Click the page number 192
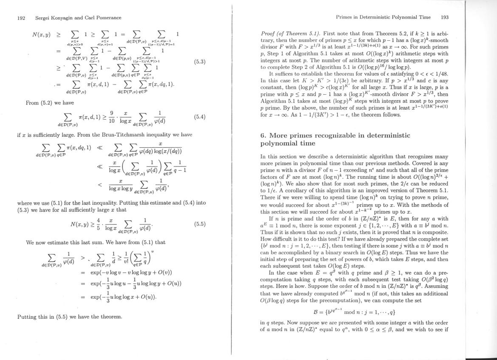click(x=21, y=18)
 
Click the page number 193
click(x=445, y=17)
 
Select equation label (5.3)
click(x=199, y=62)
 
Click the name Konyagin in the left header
click(x=65, y=18)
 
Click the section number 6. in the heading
click(x=263, y=135)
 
